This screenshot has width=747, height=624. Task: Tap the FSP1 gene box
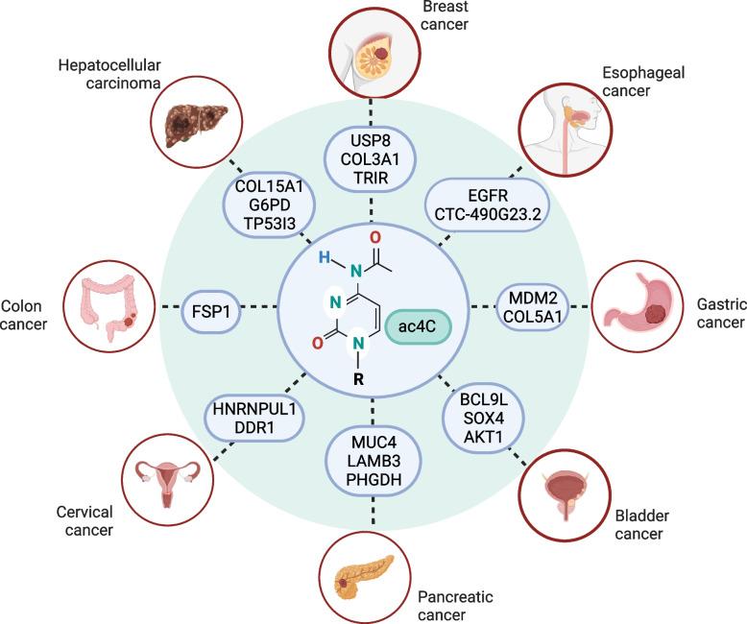tap(213, 306)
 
